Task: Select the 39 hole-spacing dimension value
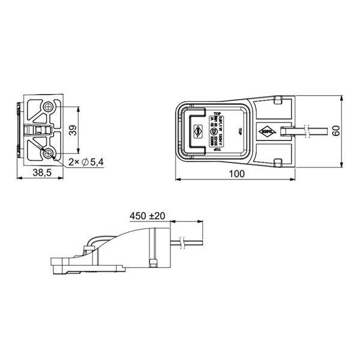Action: pyautogui.click(x=72, y=131)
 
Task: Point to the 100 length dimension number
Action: pyautogui.click(x=238, y=173)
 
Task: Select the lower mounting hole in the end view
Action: pyautogui.click(x=48, y=154)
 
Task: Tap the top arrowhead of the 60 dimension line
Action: pyautogui.click(x=341, y=98)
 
